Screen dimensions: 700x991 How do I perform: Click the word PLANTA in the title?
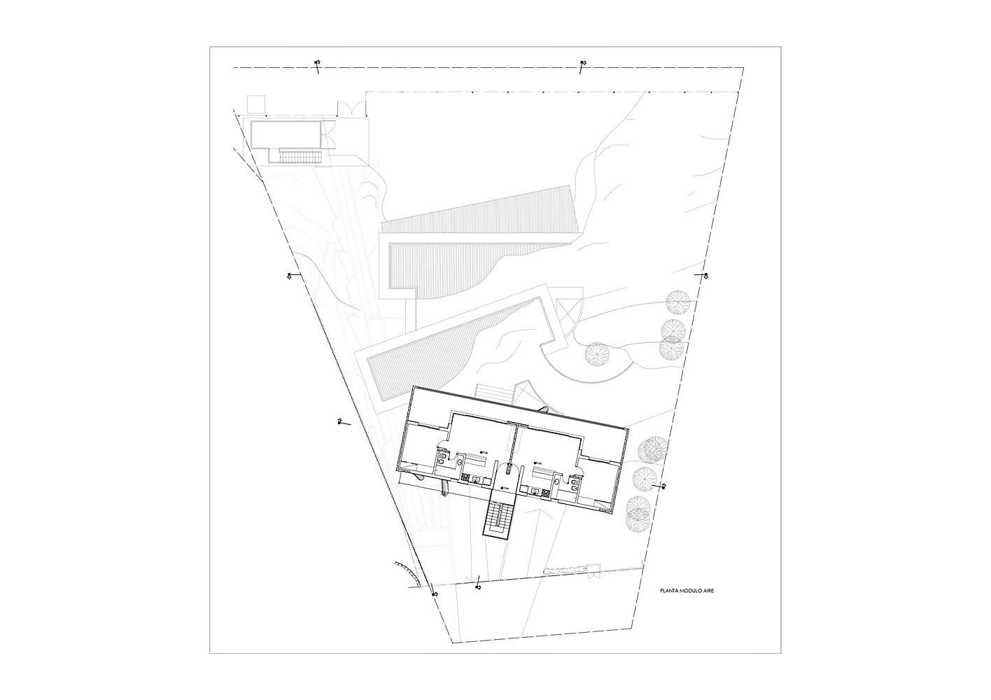coord(668,591)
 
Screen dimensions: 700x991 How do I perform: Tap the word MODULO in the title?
coord(689,591)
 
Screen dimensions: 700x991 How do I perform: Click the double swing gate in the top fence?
coord(350,108)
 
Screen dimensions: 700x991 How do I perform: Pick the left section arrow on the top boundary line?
coord(317,64)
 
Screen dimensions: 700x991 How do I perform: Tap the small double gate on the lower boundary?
coord(596,568)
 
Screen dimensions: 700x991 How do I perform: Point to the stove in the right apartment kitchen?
coord(544,491)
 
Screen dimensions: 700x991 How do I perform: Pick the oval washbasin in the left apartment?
coord(460,460)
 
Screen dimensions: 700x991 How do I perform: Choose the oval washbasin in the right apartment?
coord(557,482)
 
